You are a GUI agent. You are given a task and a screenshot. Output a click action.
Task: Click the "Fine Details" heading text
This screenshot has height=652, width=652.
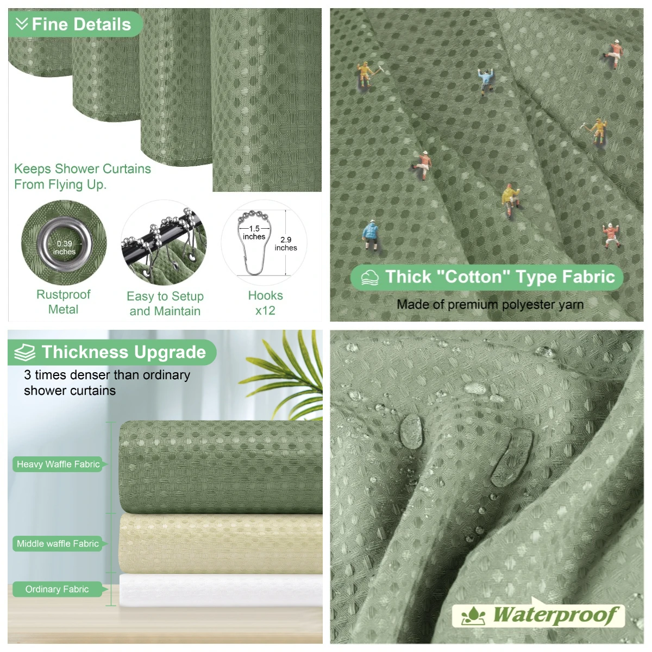[x=81, y=24]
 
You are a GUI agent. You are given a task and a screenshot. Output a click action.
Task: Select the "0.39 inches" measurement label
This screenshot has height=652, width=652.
[x=64, y=247]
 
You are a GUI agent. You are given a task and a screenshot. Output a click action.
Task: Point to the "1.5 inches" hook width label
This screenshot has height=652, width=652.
[x=254, y=233]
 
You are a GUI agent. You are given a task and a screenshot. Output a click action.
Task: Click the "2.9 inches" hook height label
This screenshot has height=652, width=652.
[x=286, y=243]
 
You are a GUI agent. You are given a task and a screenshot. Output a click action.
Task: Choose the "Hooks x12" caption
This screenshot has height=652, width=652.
[x=265, y=303]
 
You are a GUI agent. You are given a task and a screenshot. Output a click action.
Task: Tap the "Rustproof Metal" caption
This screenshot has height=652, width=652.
[x=63, y=302]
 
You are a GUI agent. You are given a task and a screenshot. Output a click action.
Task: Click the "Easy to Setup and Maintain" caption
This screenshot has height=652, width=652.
[x=165, y=303]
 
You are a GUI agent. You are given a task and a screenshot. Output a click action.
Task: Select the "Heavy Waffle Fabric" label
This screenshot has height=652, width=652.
[x=58, y=464]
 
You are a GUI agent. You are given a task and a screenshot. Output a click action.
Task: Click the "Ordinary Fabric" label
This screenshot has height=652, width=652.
[x=57, y=589]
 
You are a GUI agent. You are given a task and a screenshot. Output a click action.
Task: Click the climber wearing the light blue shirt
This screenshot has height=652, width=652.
[x=486, y=80]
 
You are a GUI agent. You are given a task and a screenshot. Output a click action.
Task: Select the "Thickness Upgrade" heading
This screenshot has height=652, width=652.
[x=124, y=352]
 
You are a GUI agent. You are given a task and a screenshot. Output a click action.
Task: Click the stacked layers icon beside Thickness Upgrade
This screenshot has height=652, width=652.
[x=24, y=353]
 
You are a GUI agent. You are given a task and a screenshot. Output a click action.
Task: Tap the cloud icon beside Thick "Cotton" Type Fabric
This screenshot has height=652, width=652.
[x=370, y=278]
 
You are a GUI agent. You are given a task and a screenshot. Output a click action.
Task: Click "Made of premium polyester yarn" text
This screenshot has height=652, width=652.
[x=490, y=304]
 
